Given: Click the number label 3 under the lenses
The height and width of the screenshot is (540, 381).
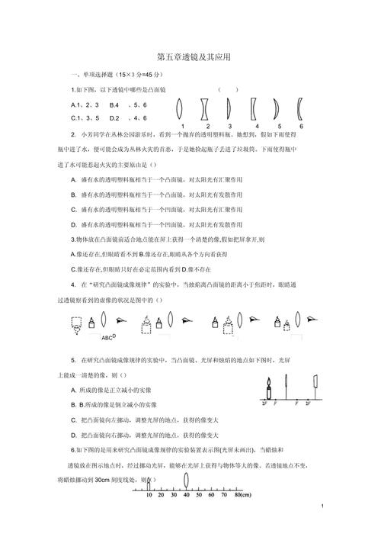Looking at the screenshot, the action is click(x=229, y=126).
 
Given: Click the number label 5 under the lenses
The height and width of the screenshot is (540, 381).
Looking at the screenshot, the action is click(x=279, y=126).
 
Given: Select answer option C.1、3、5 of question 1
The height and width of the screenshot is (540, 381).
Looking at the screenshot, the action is click(x=85, y=117).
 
